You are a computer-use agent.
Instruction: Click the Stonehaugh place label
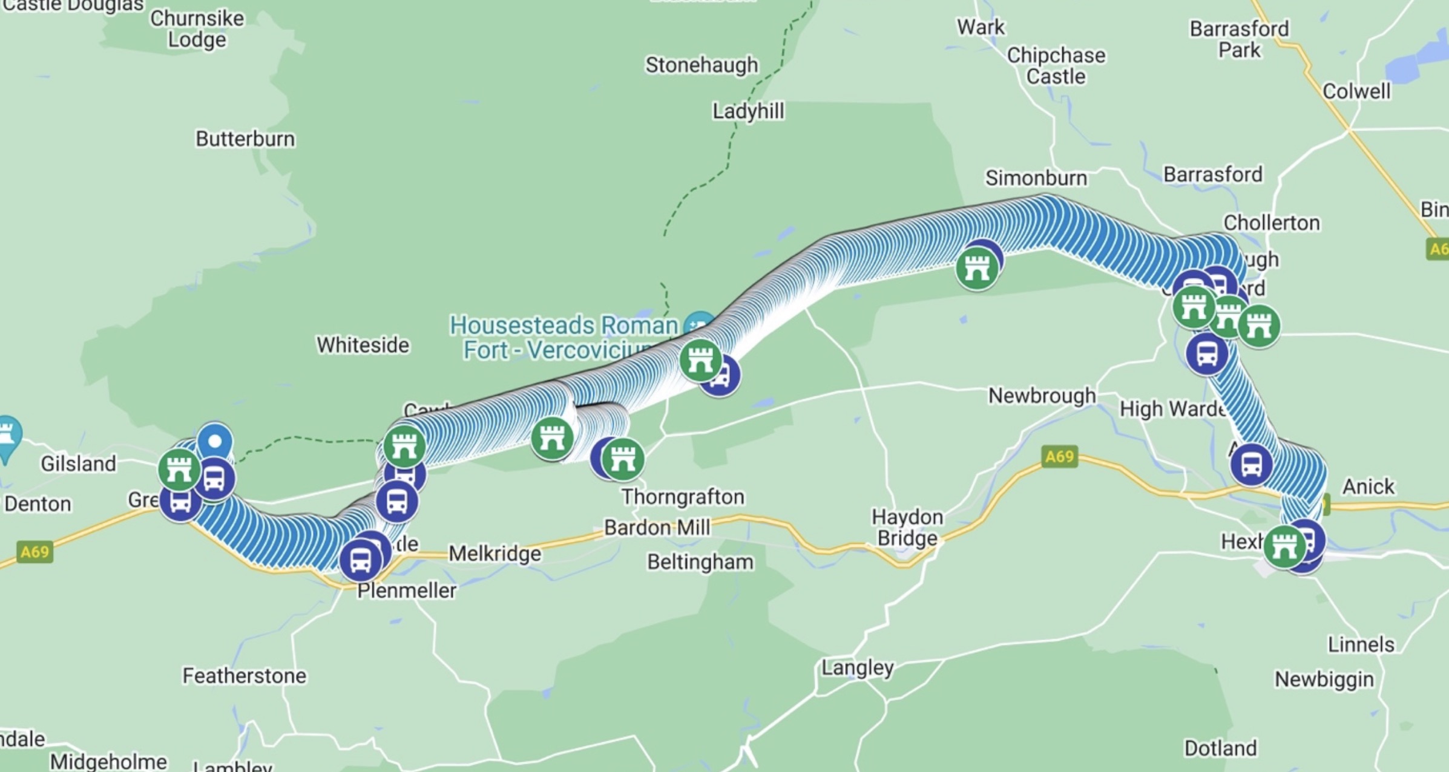[x=701, y=65]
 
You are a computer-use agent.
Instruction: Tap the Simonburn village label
[x=1036, y=178]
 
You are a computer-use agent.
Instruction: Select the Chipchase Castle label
[x=1056, y=66]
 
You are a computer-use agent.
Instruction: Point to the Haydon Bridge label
[x=907, y=528]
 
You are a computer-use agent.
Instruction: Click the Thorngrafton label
[x=683, y=497]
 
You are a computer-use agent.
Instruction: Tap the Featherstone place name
[x=245, y=676]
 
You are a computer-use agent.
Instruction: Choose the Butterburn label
[x=245, y=139]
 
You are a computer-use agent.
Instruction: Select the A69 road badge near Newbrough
[x=1059, y=456]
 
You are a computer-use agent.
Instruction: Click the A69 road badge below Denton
[x=34, y=552]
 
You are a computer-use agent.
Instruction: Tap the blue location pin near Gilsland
[x=215, y=441]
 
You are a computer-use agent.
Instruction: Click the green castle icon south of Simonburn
[x=976, y=269]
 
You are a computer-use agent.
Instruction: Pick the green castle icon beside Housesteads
[x=700, y=361]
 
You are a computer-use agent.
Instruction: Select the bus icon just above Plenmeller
[x=361, y=560]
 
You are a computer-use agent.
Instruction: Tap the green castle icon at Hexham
[x=1284, y=546]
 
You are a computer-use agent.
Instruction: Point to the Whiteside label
[x=363, y=345]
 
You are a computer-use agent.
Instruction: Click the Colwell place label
[x=1356, y=91]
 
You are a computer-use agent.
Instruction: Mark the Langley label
[x=857, y=668]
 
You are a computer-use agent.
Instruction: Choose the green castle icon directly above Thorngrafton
[x=623, y=459]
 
